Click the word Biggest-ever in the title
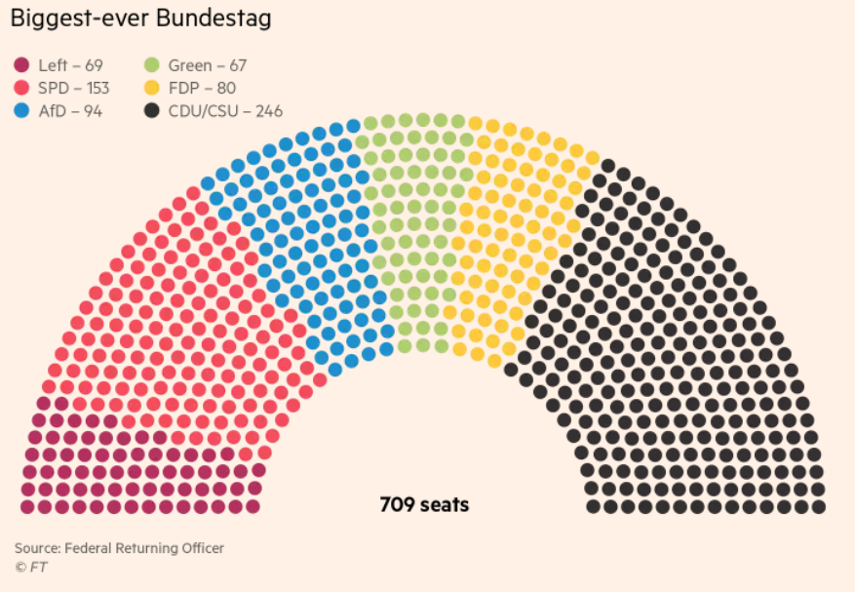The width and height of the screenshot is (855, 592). tap(74, 19)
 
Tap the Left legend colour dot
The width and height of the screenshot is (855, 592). tap(21, 66)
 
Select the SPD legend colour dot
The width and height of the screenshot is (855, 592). tap(21, 89)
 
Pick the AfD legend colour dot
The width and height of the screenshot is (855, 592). tap(21, 111)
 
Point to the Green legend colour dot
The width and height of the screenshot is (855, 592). tap(152, 66)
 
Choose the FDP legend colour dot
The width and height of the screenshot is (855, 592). tap(152, 89)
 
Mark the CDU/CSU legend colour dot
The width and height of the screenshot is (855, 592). tap(152, 111)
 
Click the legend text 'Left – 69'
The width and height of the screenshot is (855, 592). tap(70, 66)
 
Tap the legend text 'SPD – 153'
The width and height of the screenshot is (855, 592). tap(73, 89)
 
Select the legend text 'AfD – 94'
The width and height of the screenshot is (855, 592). tap(70, 111)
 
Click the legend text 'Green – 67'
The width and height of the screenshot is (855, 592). tap(207, 66)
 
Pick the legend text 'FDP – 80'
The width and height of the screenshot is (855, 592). tap(202, 89)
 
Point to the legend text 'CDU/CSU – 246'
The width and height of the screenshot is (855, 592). tap(225, 111)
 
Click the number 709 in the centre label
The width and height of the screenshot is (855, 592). tap(396, 505)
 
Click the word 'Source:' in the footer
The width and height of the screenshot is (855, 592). tap(37, 548)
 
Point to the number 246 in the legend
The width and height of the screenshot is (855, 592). tap(268, 111)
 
